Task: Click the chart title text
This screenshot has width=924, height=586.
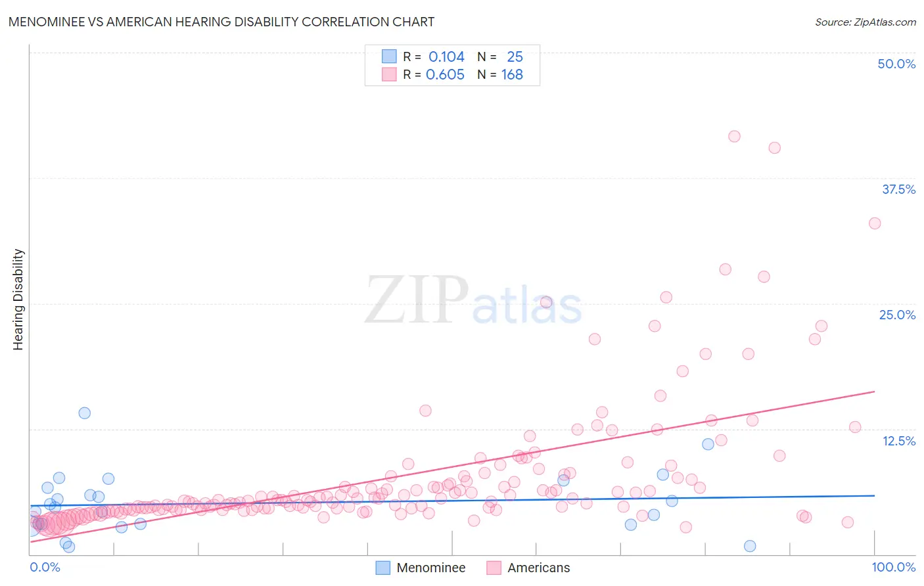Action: tap(221, 22)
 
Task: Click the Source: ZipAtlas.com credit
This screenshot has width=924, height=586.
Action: tap(865, 22)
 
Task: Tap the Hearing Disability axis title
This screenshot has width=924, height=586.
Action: tap(18, 299)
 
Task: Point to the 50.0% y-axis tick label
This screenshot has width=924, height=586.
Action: tap(896, 64)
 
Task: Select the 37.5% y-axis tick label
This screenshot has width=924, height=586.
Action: tap(898, 189)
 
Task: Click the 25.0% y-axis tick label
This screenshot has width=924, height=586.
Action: tap(897, 315)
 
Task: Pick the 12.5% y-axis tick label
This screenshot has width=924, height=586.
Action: tap(898, 441)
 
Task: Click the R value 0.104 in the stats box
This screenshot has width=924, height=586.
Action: tap(446, 57)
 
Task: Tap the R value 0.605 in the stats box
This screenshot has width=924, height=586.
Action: tap(445, 75)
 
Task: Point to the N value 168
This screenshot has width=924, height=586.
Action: tap(512, 75)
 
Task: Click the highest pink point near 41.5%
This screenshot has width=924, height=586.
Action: tap(734, 137)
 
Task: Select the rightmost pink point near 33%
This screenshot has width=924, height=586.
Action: tap(874, 223)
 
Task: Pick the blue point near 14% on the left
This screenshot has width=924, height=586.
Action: tap(84, 413)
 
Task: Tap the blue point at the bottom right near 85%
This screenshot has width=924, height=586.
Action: tap(750, 546)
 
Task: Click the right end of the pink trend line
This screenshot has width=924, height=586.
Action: tap(874, 392)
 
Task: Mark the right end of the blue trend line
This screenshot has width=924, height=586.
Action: tap(874, 495)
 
